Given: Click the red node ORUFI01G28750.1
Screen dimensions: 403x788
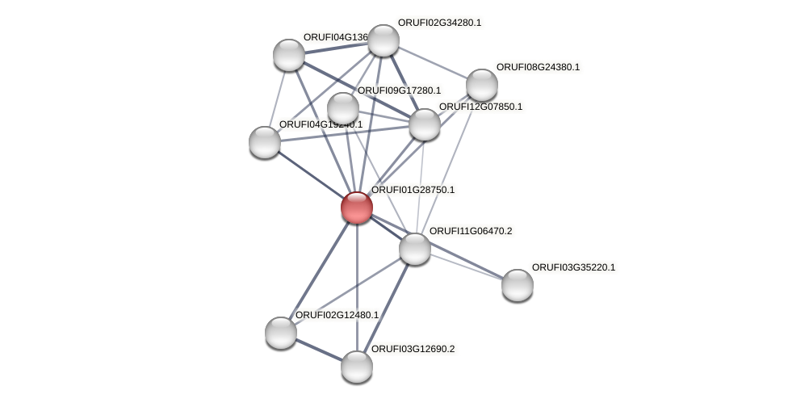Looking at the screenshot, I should [356, 208].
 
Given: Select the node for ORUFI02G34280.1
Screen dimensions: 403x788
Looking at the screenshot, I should [384, 40].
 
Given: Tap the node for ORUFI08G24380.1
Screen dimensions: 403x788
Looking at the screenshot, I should [482, 85].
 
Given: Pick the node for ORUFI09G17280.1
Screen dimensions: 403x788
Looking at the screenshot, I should [343, 108].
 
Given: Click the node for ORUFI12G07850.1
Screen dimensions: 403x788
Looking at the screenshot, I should [425, 124].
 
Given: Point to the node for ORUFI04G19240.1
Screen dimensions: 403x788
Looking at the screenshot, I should [265, 142].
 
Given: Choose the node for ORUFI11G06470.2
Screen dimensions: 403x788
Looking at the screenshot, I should [415, 248].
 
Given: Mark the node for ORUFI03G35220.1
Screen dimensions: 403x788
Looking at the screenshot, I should [518, 284].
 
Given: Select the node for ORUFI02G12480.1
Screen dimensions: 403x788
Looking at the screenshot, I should [281, 332].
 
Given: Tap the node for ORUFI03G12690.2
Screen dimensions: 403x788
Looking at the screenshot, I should [357, 366].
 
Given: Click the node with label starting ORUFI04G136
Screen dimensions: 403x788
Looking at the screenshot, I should [288, 55].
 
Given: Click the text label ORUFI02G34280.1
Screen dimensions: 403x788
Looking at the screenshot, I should [439, 23].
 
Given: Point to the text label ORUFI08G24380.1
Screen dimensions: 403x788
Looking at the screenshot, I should [538, 67].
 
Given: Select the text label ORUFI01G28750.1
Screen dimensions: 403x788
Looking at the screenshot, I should [413, 190].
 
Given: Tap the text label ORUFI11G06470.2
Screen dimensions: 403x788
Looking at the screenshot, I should [471, 231].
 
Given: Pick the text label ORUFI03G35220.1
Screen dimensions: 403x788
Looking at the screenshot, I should [573, 267].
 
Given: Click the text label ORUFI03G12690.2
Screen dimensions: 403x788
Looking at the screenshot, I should [413, 349].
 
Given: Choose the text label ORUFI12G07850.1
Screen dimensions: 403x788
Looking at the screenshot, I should [480, 107].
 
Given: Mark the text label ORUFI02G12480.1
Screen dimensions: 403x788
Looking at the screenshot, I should [337, 315].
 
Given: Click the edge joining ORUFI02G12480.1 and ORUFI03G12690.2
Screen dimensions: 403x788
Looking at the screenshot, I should [319, 350].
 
